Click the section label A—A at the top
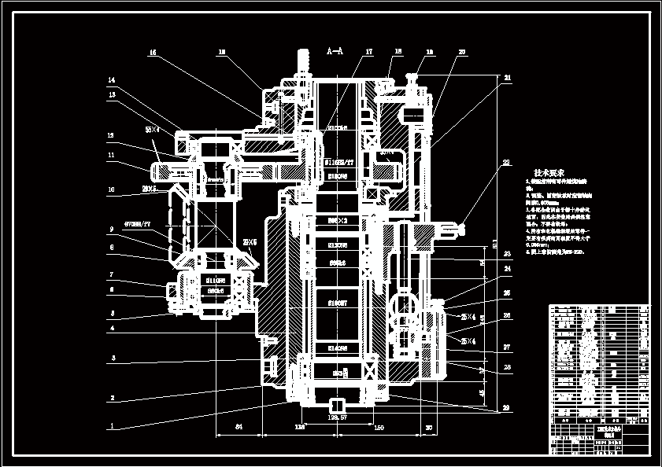click(x=335, y=51)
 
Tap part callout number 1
click(x=112, y=427)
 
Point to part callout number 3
click(x=112, y=358)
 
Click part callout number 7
click(x=112, y=274)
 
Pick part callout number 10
click(x=112, y=189)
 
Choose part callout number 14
click(x=112, y=80)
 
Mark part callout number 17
click(x=368, y=53)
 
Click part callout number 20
click(x=462, y=53)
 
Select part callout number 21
click(x=508, y=78)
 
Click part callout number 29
click(x=508, y=408)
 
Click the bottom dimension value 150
click(x=379, y=428)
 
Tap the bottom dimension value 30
click(x=428, y=428)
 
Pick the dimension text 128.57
click(x=337, y=417)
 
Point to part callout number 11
click(x=112, y=156)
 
